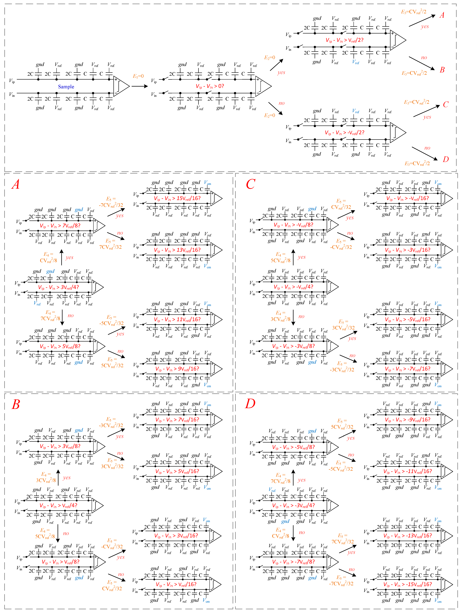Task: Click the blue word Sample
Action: pos(66,87)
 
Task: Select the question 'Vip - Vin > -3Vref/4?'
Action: pos(293,505)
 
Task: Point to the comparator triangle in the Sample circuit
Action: pos(121,86)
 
